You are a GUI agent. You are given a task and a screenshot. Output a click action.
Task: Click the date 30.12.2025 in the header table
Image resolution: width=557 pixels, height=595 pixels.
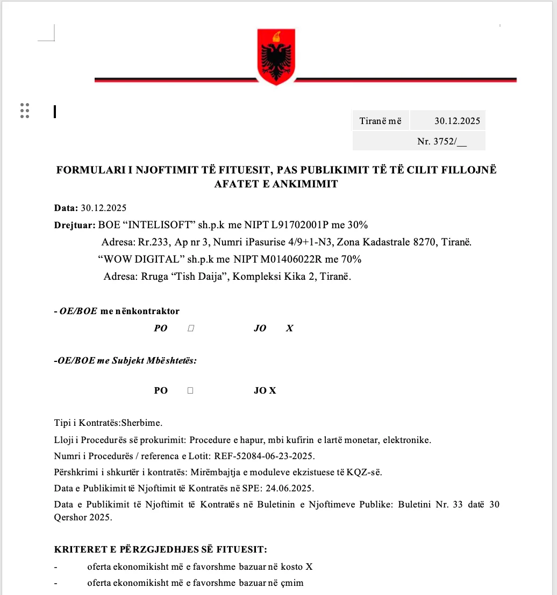457,121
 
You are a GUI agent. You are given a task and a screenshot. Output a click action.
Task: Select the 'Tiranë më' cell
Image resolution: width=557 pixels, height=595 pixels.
381,121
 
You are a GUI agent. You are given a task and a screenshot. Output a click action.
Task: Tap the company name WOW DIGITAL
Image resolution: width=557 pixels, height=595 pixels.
141,259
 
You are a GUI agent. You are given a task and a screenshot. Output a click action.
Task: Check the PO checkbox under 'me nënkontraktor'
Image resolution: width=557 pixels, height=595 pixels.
191,328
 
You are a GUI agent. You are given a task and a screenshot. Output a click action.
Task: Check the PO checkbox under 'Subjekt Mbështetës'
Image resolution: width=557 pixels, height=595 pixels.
190,390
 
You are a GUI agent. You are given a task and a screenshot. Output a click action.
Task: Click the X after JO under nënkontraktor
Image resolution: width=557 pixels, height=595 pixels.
290,328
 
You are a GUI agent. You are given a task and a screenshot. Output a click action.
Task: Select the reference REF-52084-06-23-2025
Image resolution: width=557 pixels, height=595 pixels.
264,456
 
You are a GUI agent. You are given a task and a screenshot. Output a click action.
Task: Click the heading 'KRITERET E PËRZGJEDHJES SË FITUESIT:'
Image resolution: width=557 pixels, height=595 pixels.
161,549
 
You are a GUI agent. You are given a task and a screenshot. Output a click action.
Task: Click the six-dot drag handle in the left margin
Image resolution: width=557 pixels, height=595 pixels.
25,110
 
